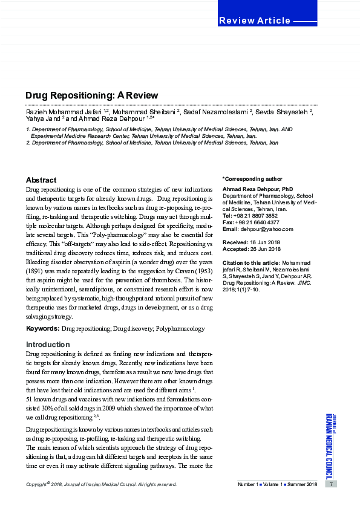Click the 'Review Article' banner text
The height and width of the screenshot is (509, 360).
pyautogui.click(x=254, y=21)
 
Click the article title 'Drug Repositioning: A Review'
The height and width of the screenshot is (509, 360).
pyautogui.click(x=91, y=96)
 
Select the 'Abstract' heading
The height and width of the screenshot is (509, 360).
pyautogui.click(x=41, y=180)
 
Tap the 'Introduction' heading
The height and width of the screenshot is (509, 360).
pyautogui.click(x=48, y=345)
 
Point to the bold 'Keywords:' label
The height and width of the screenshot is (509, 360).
pyautogui.click(x=42, y=329)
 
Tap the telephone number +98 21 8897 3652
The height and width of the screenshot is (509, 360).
pyautogui.click(x=255, y=216)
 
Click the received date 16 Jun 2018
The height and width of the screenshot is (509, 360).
pyautogui.click(x=265, y=242)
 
